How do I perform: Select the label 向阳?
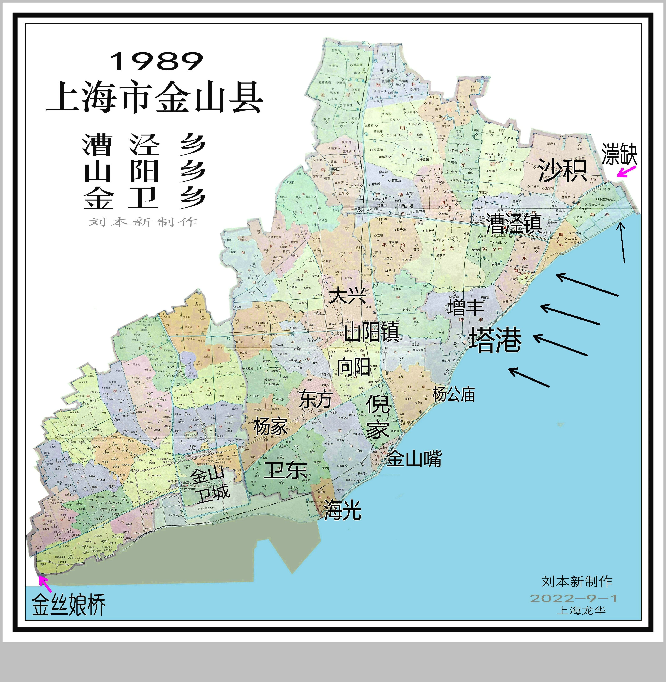tap(354, 367)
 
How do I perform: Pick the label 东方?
tap(315, 399)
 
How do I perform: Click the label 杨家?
tap(270, 427)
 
